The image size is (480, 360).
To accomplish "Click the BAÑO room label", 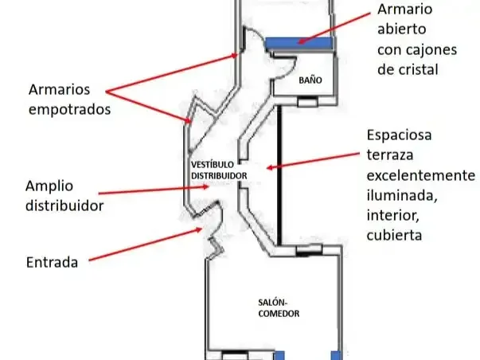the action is tap(310, 80).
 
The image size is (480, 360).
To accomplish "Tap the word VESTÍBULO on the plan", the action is tap(213, 165).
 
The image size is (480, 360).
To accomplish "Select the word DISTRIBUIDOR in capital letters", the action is tap(219, 175).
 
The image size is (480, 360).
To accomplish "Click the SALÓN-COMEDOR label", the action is tap(279, 308).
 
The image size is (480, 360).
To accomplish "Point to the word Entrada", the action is tap(52, 262).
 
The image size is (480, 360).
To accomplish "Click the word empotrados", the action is tap(69, 110).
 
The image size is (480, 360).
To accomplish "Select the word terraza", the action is tap(390, 155).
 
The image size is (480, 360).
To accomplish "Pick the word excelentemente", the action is tap(421, 175).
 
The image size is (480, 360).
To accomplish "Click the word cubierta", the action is tap(394, 235).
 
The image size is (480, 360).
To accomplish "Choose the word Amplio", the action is tap(49, 186).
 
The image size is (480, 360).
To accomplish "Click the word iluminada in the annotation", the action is tap(402, 195).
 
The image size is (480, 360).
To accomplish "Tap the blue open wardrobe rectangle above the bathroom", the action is tap(299, 43).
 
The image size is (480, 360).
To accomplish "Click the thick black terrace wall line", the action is tap(279, 175).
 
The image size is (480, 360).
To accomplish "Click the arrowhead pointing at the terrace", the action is tap(269, 167).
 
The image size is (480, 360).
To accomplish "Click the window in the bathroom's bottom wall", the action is tap(307, 101).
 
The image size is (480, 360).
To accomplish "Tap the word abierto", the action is tap(402, 29).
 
